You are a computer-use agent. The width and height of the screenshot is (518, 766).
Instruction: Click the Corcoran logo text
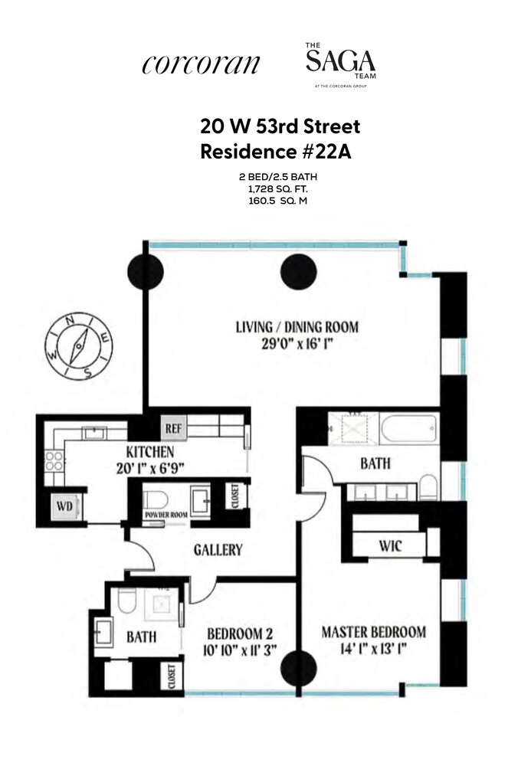pyautogui.click(x=201, y=65)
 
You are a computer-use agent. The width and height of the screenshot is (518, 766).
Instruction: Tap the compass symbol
pyautogui.click(x=79, y=347)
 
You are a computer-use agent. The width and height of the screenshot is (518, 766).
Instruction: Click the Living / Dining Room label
pyautogui.click(x=297, y=327)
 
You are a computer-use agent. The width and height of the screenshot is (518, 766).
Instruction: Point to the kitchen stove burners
pyautogui.click(x=54, y=460)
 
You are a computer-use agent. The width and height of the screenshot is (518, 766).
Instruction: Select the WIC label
pyautogui.click(x=390, y=545)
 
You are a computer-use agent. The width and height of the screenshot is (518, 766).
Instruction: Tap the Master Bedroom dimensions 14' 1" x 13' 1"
pyautogui.click(x=373, y=648)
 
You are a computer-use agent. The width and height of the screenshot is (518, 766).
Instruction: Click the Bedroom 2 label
pyautogui.click(x=241, y=633)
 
